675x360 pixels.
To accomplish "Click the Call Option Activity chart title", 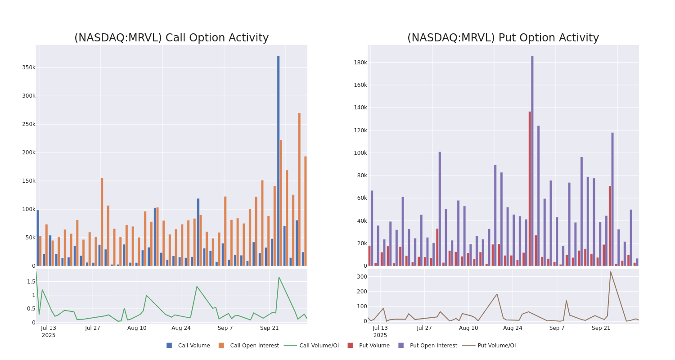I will tap(171, 38).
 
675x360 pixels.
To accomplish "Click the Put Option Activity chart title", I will tap(503, 38).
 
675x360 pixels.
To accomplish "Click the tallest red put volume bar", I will tap(530, 189).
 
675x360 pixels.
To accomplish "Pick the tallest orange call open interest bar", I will tap(299, 189).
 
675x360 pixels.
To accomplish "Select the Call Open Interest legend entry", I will tap(254, 346).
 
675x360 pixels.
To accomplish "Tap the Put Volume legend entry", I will tap(374, 346).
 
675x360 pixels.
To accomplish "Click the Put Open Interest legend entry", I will tap(433, 346).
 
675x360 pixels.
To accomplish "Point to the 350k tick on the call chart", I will tap(28, 67).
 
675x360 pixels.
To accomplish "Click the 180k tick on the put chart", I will tap(360, 62).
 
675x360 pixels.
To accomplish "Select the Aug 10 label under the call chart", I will tap(137, 328).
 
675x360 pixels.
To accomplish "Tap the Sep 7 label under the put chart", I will tap(557, 328).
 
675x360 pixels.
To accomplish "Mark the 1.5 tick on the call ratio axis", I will tap(31, 282).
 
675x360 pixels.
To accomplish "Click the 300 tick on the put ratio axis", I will tap(362, 277).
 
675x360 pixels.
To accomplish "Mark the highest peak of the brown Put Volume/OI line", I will tap(611, 271).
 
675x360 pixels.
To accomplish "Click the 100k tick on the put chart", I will tap(360, 153).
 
